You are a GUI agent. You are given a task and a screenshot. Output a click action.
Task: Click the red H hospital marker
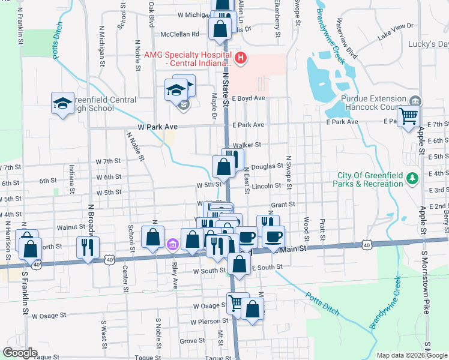[241, 58]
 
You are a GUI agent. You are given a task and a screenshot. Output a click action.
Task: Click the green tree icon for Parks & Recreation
[412, 178]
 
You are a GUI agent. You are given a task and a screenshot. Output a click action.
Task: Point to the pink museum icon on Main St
[173, 244]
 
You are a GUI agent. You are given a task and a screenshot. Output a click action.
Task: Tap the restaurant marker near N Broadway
[88, 245]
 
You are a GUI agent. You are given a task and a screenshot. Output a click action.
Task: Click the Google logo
[20, 353]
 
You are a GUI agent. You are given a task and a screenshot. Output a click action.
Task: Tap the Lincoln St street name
[266, 186]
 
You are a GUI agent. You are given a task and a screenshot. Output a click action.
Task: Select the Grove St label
[193, 341]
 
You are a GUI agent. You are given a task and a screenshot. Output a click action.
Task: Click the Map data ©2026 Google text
[411, 355]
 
